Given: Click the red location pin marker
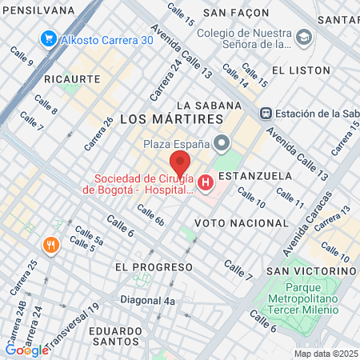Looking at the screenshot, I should [x=180, y=162].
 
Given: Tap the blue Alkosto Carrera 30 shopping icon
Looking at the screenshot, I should [x=48, y=38].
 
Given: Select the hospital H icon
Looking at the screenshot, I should [x=206, y=184].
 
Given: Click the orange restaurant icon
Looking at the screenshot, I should [x=51, y=245].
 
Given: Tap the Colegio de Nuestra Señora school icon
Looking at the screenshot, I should [x=304, y=38].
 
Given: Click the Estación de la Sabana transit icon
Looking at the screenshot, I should [x=267, y=113].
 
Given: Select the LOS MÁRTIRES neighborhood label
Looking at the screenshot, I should [x=170, y=118].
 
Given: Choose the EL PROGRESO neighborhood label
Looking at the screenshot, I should [x=143, y=266].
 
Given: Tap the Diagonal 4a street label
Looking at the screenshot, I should [x=147, y=301].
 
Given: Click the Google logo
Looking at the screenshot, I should [x=26, y=350].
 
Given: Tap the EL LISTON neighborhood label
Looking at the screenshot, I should [x=301, y=70].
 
